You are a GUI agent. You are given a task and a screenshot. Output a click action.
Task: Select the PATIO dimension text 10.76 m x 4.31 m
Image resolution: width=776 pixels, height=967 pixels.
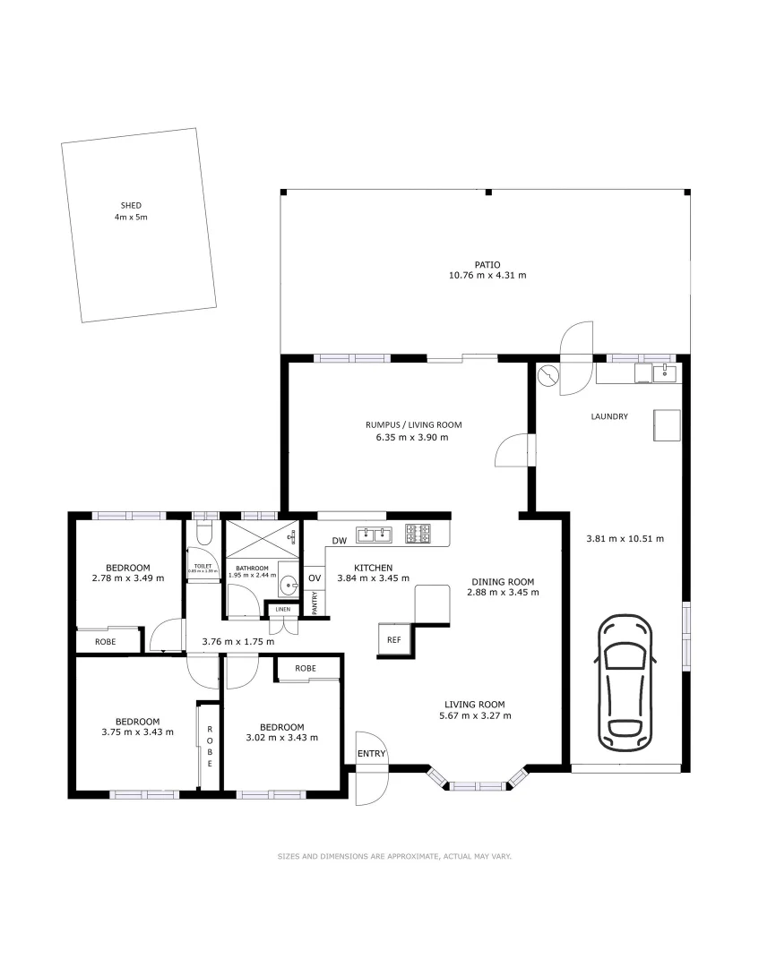(487, 275)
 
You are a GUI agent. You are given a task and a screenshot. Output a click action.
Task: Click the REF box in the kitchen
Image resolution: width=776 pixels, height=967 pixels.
(393, 639)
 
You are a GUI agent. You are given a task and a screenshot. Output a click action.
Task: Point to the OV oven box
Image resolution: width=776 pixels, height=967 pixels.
(315, 578)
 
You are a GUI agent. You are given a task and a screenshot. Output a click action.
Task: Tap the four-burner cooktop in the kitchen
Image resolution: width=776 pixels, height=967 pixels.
(418, 535)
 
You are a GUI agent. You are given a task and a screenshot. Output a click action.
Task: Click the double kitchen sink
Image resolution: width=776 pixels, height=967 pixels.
(375, 535)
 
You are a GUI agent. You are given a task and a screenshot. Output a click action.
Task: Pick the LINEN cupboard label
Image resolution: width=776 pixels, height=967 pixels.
(282, 610)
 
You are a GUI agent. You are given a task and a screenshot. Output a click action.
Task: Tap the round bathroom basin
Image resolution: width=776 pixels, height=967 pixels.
(287, 586)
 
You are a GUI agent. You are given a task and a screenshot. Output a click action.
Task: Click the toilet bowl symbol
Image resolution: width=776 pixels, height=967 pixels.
(204, 534)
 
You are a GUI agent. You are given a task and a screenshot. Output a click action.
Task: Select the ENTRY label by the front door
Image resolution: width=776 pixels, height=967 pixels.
(371, 754)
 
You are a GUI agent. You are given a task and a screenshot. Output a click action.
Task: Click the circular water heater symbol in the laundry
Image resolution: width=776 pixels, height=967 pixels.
(548, 374)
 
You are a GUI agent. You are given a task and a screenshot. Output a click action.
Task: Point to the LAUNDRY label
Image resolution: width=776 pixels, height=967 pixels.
(609, 416)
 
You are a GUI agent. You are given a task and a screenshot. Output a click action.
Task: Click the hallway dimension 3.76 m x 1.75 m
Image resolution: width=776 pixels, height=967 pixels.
(238, 641)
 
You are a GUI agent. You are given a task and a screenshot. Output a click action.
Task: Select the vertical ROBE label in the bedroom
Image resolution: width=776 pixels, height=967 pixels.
(211, 747)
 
